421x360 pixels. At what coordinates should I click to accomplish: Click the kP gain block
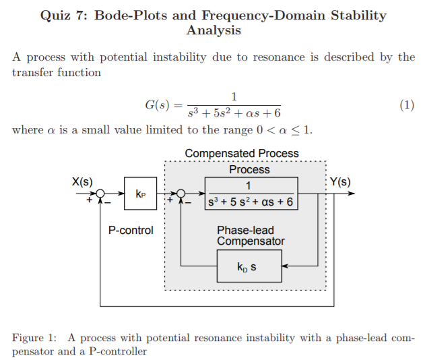tap(139, 194)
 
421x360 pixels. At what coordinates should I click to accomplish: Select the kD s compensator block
tap(246, 268)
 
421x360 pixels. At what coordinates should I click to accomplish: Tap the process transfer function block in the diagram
tap(250, 194)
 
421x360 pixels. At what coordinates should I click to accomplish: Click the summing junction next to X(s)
tap(100, 194)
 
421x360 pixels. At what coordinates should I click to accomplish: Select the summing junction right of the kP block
tap(180, 194)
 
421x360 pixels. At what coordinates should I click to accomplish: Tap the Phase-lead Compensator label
tap(251, 235)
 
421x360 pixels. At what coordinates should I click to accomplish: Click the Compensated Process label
tap(242, 154)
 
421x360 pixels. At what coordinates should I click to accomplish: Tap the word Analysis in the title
tap(214, 31)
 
